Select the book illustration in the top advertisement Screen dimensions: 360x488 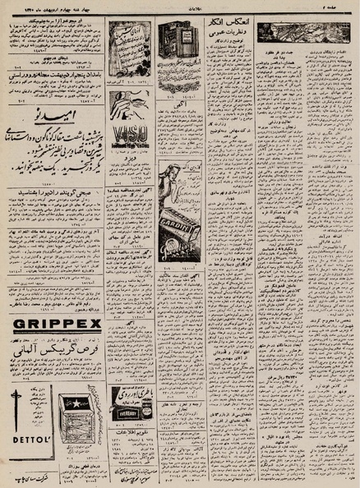[180, 40]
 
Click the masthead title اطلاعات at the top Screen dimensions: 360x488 [181, 5]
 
